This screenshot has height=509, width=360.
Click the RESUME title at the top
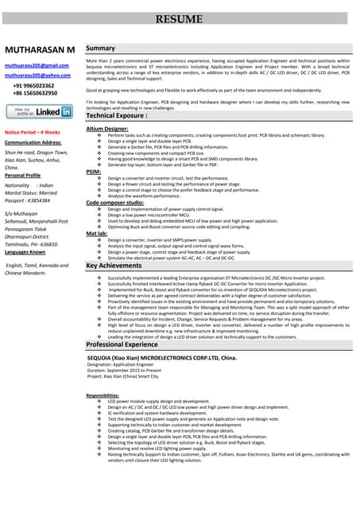[179, 17]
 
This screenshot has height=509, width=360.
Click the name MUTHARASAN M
[40, 49]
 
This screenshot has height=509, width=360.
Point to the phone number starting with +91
[33, 85]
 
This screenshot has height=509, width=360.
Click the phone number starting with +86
[34, 93]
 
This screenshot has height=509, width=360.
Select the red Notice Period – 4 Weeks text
[33, 132]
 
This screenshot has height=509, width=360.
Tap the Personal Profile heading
[28, 175]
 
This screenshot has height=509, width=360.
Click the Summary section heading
[101, 49]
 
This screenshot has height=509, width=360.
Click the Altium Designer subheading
[106, 128]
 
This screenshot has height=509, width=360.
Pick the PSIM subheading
[94, 172]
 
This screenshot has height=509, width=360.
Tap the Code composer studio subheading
[115, 203]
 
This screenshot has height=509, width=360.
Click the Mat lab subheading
[96, 234]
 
